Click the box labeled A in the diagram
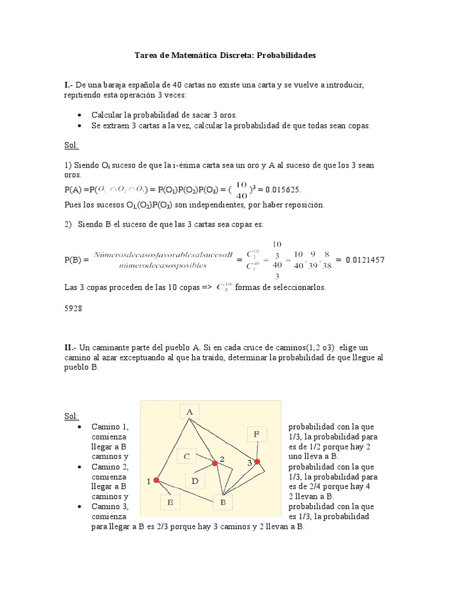[x=190, y=412]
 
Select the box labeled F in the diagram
[x=257, y=434]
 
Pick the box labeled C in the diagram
[x=186, y=456]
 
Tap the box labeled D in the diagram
[x=195, y=481]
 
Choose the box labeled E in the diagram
[x=170, y=503]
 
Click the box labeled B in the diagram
[x=223, y=502]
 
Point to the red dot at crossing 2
[x=215, y=463]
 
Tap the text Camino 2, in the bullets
[x=110, y=467]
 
